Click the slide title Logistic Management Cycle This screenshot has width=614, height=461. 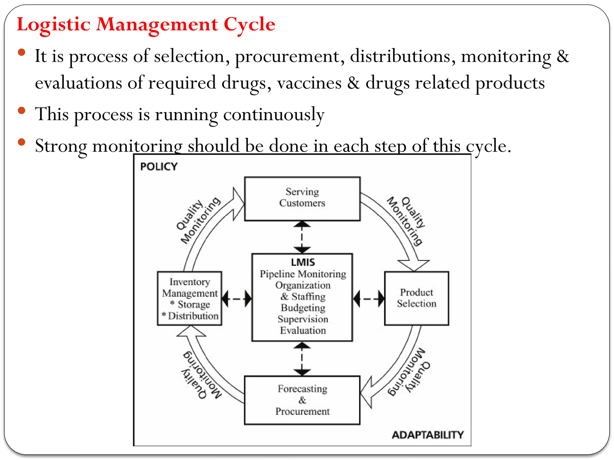click(146, 24)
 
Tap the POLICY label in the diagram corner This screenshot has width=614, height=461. click(159, 167)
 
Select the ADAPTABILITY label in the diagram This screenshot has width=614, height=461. click(428, 435)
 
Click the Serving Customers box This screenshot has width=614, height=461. click(302, 199)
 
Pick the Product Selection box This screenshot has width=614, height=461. click(416, 298)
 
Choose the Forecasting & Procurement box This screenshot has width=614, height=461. click(302, 400)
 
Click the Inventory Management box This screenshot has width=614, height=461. click(189, 298)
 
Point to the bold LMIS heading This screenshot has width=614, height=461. click(303, 262)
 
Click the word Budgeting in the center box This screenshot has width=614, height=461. click(303, 308)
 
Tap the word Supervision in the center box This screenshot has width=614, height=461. click(303, 319)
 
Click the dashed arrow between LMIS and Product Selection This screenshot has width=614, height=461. click(368, 299)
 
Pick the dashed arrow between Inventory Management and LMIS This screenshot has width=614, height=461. click(237, 299)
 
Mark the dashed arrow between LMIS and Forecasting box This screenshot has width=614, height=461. click(302, 359)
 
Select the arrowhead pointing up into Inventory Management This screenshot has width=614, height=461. click(191, 332)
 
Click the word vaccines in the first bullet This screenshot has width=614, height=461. click(309, 83)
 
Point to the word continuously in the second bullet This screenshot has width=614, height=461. click(273, 115)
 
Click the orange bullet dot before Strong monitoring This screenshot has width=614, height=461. click(22, 142)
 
